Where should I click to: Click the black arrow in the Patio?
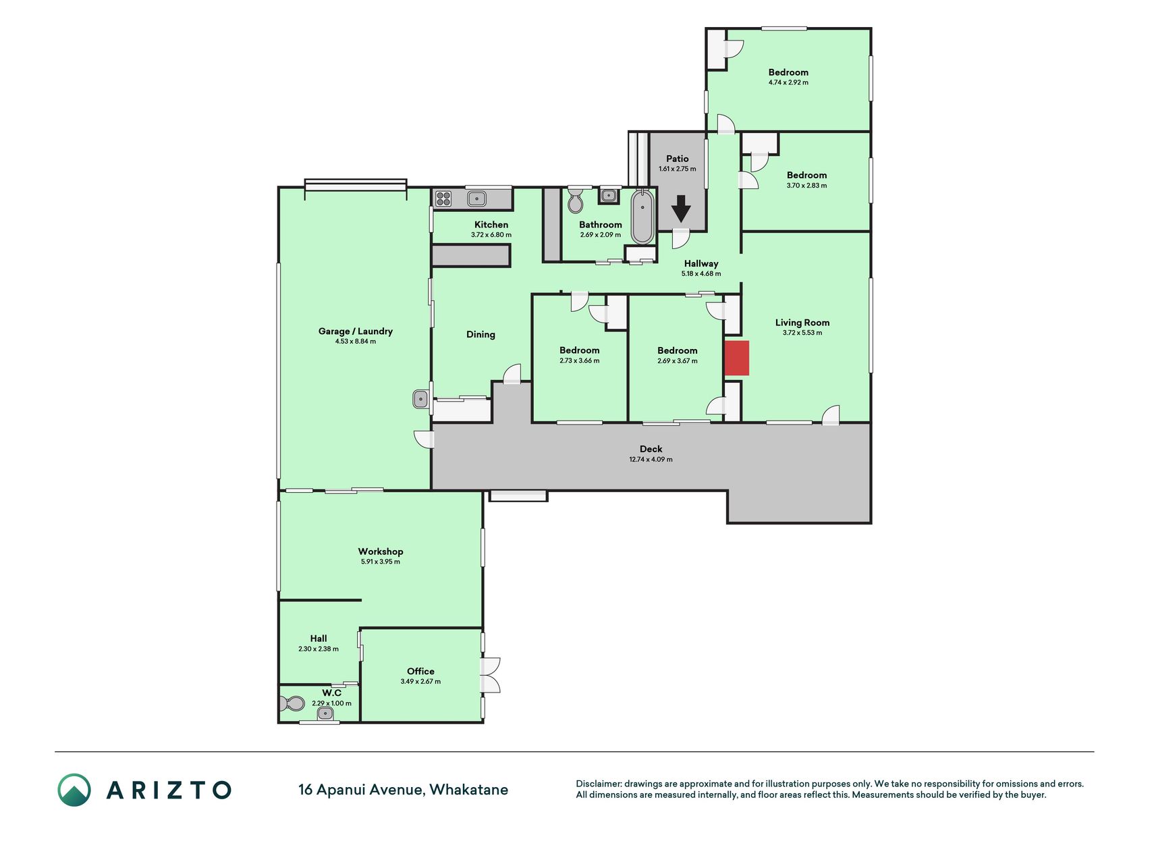point(681,209)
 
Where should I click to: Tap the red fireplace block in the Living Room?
point(737,358)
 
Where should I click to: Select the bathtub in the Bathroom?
point(642,216)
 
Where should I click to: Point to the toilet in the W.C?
point(292,704)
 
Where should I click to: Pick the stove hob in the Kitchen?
point(443,198)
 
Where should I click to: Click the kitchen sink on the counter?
point(477,198)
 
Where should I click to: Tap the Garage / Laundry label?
point(356,331)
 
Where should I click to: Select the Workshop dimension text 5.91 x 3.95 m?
point(381,562)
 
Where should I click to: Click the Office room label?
point(420,671)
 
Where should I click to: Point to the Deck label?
point(651,449)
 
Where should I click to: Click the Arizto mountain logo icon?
point(74,790)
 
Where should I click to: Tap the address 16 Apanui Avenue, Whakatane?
point(404,790)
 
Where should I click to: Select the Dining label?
point(481,334)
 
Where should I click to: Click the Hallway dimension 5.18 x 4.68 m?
point(701,274)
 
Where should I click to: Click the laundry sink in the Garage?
point(421,399)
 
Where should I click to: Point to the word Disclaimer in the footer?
point(598,784)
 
